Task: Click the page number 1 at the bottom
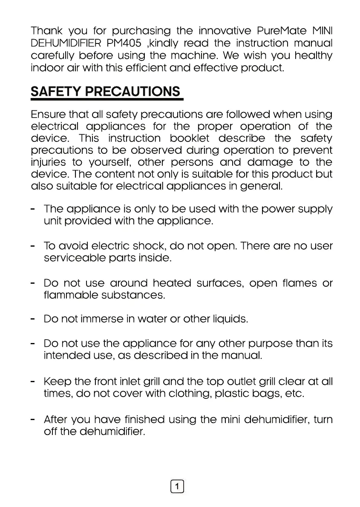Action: [177, 486]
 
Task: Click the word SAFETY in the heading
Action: [55, 92]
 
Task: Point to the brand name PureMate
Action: [282, 32]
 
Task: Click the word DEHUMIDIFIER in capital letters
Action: [66, 43]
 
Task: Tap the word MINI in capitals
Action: [322, 32]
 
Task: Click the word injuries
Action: [48, 162]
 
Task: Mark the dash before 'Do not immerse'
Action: [33, 319]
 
